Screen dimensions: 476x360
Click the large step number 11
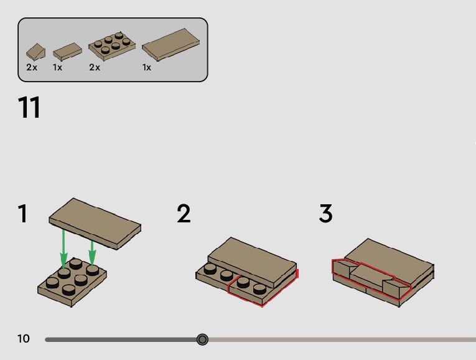coord(29,107)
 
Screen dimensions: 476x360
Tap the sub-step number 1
coord(23,214)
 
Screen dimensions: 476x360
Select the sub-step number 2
coord(183,214)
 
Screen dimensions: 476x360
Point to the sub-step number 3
coord(325,214)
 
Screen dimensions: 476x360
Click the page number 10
coord(24,339)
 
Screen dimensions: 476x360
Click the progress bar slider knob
coord(202,339)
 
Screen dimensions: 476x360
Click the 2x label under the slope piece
coord(32,67)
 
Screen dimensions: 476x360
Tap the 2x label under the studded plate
coord(95,67)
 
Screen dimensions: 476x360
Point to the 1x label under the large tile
coord(147,67)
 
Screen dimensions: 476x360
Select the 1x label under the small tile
coord(58,67)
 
